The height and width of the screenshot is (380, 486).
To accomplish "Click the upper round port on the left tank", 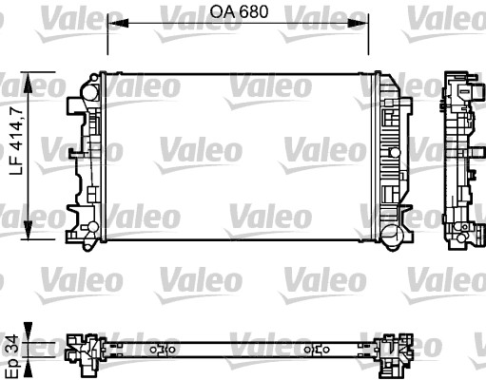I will click(89, 93).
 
